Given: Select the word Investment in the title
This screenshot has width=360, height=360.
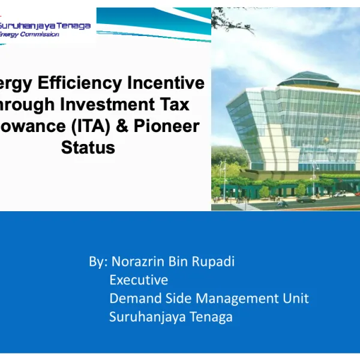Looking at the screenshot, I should point(107,104).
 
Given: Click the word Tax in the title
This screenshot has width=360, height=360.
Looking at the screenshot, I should point(174,104).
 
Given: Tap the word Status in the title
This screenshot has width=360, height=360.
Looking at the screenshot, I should point(88,148).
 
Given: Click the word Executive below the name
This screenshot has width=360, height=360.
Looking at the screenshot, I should point(139,280).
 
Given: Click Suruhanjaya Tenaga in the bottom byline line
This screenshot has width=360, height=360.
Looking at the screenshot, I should point(170,317).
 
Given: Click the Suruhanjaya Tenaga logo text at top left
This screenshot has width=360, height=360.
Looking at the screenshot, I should point(46,26).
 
